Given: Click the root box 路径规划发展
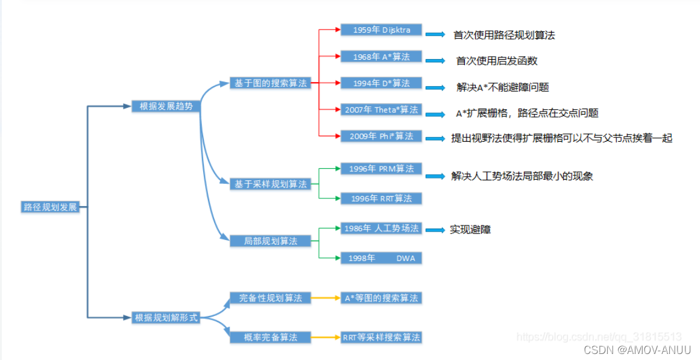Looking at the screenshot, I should pyautogui.click(x=50, y=207).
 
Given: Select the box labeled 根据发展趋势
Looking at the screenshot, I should pyautogui.click(x=166, y=106).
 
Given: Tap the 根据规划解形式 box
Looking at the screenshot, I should pyautogui.click(x=166, y=317).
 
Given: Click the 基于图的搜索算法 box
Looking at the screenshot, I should pyautogui.click(x=270, y=84).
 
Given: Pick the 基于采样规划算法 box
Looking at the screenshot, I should pyautogui.click(x=270, y=184).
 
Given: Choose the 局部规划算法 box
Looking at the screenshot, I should pyautogui.click(x=270, y=241).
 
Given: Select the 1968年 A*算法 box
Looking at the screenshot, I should pyautogui.click(x=382, y=57).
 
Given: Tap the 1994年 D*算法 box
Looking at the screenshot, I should pyautogui.click(x=382, y=83).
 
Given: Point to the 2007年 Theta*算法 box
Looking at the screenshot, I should pyautogui.click(x=382, y=110).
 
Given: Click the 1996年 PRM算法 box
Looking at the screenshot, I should pyautogui.click(x=382, y=169).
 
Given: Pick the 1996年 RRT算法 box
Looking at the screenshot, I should pyautogui.click(x=382, y=198).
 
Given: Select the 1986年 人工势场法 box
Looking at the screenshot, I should pyautogui.click(x=382, y=229).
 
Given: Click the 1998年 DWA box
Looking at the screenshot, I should pyautogui.click(x=382, y=258).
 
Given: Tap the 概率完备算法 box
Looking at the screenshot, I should pyautogui.click(x=270, y=336).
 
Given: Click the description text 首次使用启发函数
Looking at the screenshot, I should pyautogui.click(x=497, y=61).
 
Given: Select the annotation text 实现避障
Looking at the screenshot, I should pyautogui.click(x=470, y=230).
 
